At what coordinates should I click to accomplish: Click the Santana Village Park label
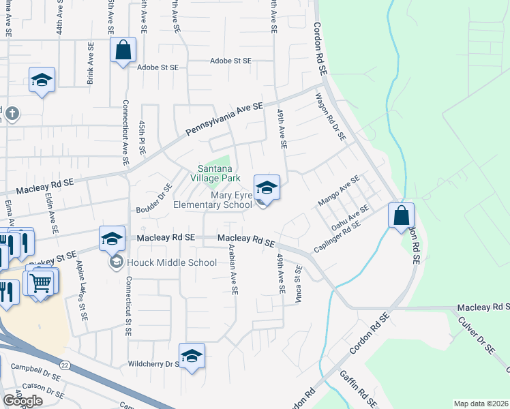(x=219, y=173)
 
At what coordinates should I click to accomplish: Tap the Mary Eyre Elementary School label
(x=213, y=200)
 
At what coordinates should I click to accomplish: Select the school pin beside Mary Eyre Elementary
(x=267, y=187)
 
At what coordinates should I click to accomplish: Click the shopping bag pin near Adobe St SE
(x=123, y=50)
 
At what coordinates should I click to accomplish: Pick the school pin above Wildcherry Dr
(x=192, y=356)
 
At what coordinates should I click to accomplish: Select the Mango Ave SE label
(x=338, y=192)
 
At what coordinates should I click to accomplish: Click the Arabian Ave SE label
(x=233, y=270)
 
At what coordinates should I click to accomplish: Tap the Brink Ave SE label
(x=90, y=63)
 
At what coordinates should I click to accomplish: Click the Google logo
(x=22, y=400)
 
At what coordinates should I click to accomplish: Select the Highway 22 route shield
(x=64, y=365)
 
